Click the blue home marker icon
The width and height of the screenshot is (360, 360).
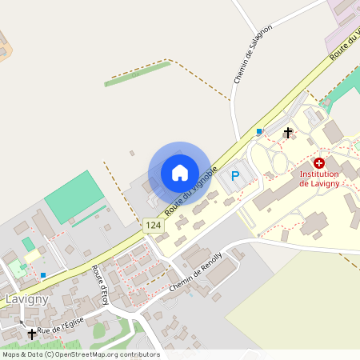tap(179, 173)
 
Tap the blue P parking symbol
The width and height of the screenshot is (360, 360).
tap(235, 175)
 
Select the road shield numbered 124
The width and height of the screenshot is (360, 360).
tap(154, 226)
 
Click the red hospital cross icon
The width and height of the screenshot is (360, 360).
tap(318, 162)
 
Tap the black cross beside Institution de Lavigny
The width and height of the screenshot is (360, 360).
tap(288, 132)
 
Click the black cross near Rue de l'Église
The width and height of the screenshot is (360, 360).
tap(32, 334)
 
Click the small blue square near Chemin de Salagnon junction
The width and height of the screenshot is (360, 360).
tap(259, 131)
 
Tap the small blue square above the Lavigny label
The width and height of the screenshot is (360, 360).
tap(43, 275)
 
